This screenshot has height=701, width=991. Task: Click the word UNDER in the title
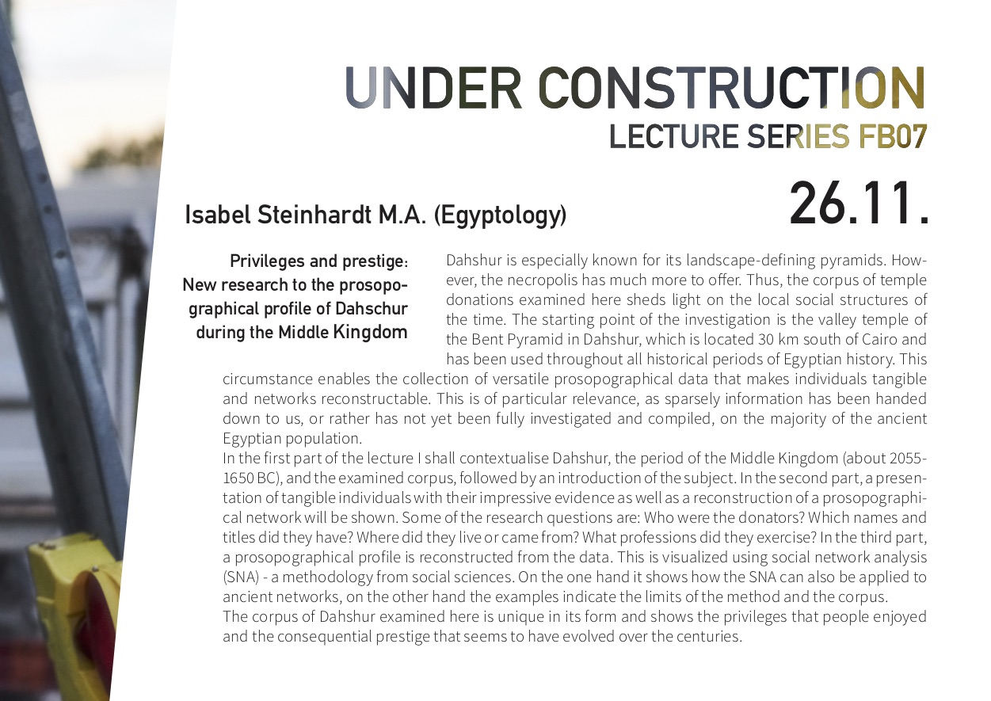point(433,87)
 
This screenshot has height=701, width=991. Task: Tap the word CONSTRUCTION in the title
point(732,87)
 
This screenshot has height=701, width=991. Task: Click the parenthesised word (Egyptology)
point(500,216)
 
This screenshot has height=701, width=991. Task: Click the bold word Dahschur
point(372,308)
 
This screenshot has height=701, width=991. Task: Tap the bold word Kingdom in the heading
point(370,333)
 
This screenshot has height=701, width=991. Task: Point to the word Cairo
point(879,339)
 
